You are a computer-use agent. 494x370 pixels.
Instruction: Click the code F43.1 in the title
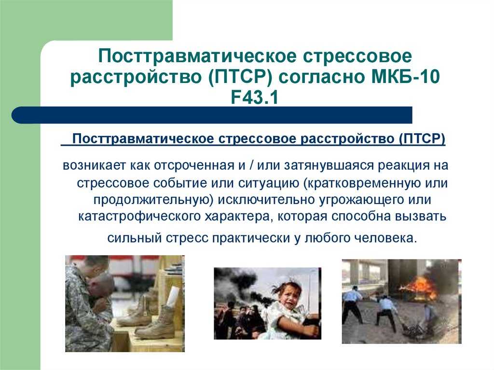pos(255,97)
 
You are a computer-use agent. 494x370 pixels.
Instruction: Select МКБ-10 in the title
pos(405,77)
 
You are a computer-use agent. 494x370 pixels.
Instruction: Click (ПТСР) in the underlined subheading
pos(422,138)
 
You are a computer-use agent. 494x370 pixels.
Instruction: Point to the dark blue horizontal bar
pos(212,115)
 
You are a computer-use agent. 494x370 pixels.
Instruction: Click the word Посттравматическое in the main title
pos(197,56)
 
